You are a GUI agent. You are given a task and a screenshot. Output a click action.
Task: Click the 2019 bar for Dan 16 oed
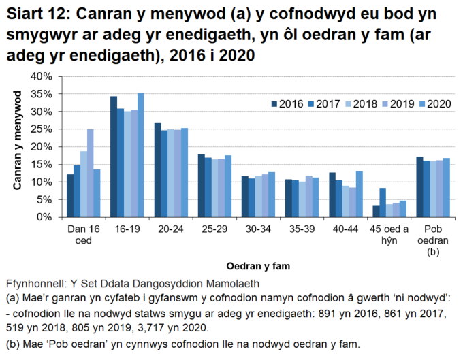pyautogui.click(x=90, y=173)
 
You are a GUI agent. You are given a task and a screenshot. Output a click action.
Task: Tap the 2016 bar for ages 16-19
pyautogui.click(x=114, y=157)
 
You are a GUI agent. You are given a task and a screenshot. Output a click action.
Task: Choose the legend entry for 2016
pyautogui.click(x=287, y=104)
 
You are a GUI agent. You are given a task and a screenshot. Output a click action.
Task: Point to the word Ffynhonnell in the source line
pyautogui.click(x=35, y=282)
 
